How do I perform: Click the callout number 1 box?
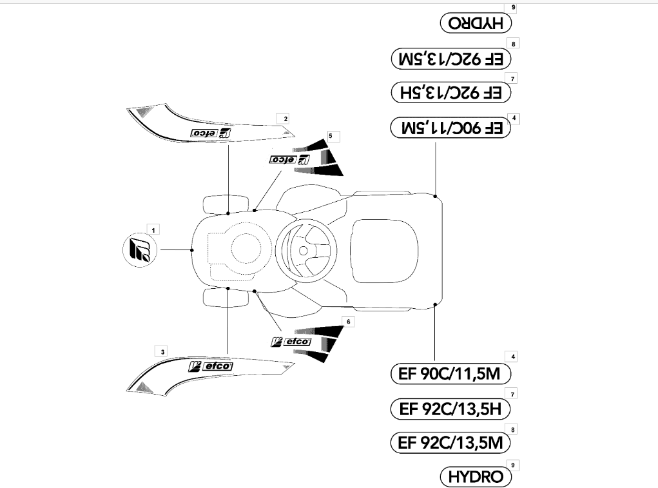[x=153, y=229]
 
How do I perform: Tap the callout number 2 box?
[x=285, y=119]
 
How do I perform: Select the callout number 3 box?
[x=162, y=351]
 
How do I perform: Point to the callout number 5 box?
[x=331, y=136]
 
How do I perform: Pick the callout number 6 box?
[x=348, y=322]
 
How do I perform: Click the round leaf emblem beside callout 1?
[x=140, y=249]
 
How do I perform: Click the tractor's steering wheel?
[x=307, y=251]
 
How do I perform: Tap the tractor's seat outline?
[x=385, y=251]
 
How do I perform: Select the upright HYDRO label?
[x=476, y=476]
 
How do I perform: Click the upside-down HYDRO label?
[x=476, y=23]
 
